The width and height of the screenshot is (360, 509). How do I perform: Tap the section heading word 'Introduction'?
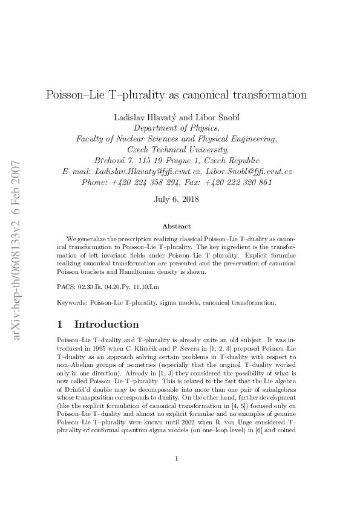106,325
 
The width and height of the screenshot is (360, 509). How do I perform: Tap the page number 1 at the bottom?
177,475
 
